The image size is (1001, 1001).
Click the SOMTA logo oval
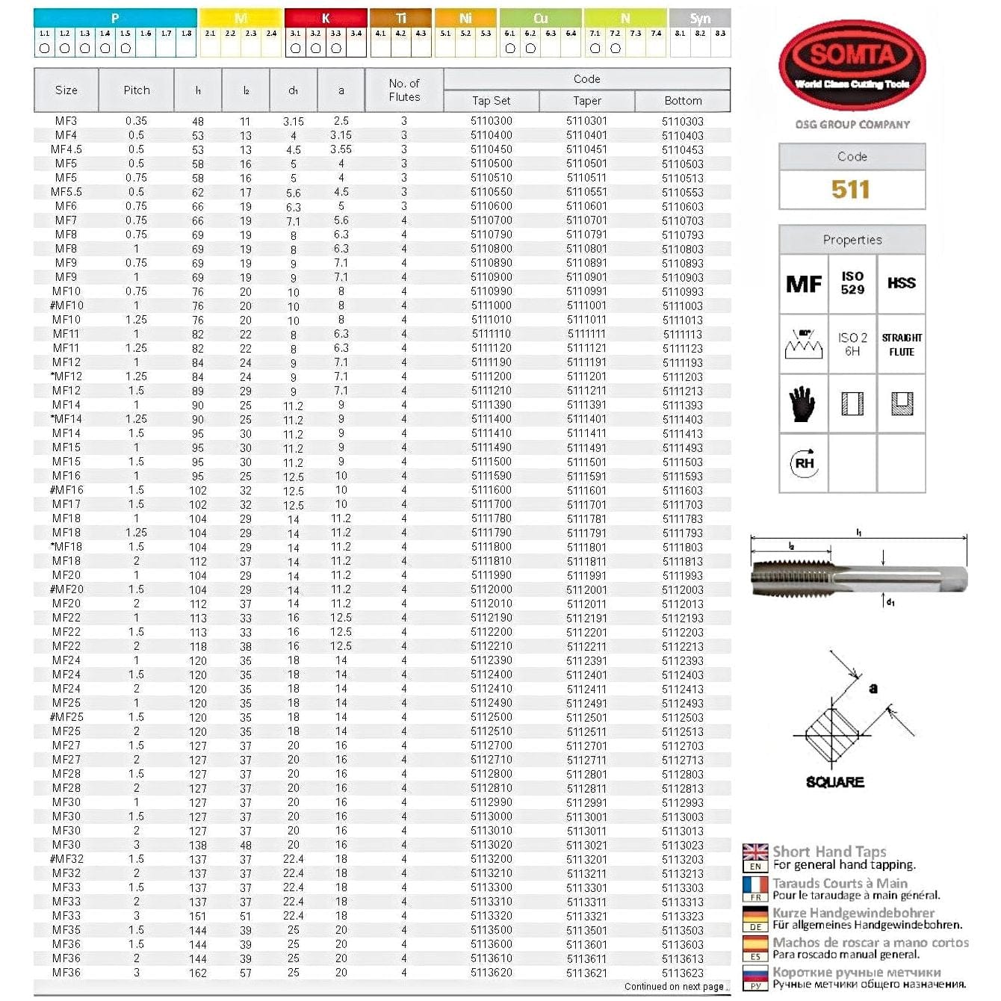tap(852, 64)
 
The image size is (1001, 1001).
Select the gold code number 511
tap(851, 190)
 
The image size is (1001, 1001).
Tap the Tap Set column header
tap(491, 101)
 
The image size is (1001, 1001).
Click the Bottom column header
tap(683, 101)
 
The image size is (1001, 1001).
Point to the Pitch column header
tap(137, 90)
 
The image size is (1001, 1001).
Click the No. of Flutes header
tap(404, 90)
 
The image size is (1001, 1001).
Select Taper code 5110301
tap(586, 121)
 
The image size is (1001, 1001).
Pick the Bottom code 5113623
tap(682, 973)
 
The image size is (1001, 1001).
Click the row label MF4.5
tap(66, 149)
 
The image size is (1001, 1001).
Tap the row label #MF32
tap(66, 859)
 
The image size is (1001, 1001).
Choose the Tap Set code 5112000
tap(492, 589)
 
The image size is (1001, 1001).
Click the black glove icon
tap(802, 403)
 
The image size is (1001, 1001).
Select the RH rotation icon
tap(804, 463)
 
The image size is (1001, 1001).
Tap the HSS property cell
tap(901, 283)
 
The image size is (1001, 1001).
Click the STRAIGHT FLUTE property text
tap(901, 344)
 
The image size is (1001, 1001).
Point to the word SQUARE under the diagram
tap(835, 782)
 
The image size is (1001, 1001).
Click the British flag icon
tap(755, 852)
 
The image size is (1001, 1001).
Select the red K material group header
tap(326, 18)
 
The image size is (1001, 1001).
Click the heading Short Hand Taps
tap(829, 852)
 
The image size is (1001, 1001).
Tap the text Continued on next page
tap(674, 987)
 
